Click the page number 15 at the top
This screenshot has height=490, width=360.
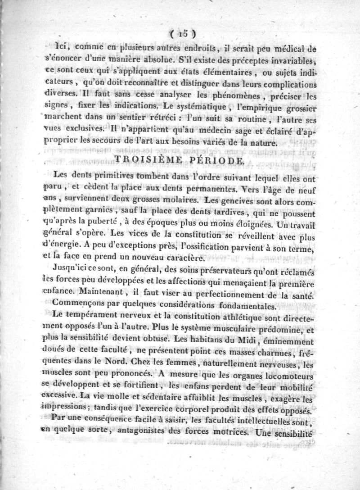coord(182,32)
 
